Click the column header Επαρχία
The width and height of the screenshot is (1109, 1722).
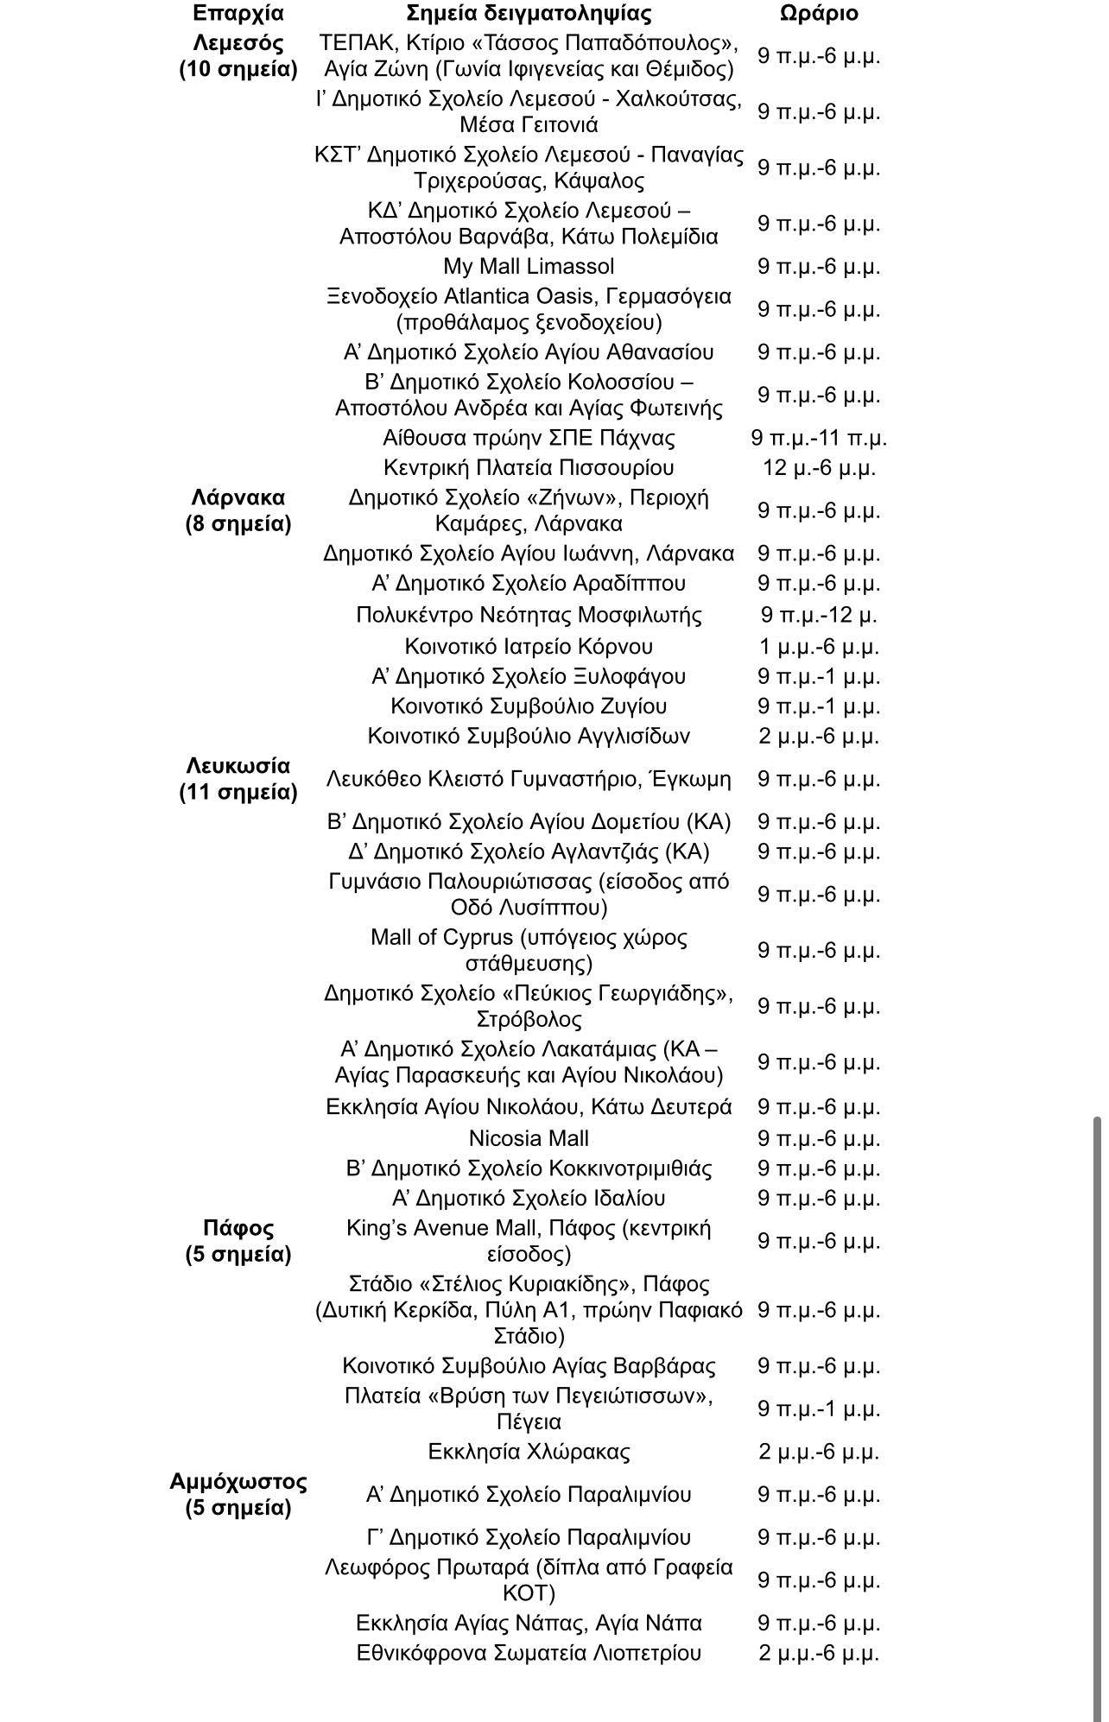(x=238, y=14)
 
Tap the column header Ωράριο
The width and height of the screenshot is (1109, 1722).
(x=819, y=14)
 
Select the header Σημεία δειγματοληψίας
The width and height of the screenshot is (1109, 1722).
(x=529, y=14)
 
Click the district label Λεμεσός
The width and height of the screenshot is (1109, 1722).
(x=238, y=43)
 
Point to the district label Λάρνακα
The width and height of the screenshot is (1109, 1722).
(x=238, y=497)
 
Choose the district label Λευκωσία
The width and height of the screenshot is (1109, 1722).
(x=238, y=766)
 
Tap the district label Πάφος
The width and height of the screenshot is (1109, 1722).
(x=238, y=1228)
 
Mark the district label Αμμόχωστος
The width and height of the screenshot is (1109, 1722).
(x=238, y=1482)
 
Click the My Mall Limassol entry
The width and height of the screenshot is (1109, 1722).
(x=529, y=266)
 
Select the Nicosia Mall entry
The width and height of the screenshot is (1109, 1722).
(x=529, y=1138)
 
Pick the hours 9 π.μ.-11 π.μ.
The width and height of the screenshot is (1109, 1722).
(x=819, y=438)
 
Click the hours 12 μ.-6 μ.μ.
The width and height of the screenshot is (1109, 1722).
(x=819, y=468)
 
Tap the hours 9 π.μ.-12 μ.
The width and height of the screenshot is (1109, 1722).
(x=819, y=615)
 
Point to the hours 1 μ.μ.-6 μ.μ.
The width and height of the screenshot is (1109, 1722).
(x=819, y=646)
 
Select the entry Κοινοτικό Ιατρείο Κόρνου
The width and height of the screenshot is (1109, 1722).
(x=529, y=646)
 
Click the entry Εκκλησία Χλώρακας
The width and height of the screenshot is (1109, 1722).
(x=529, y=1452)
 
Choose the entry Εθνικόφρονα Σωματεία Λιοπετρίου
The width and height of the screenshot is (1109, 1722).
(x=529, y=1653)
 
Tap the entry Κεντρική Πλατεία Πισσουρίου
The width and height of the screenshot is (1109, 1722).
(x=529, y=468)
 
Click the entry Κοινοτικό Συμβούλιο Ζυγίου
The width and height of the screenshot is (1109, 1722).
(x=529, y=706)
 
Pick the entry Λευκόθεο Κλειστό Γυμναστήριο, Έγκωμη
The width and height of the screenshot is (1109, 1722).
(x=529, y=779)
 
